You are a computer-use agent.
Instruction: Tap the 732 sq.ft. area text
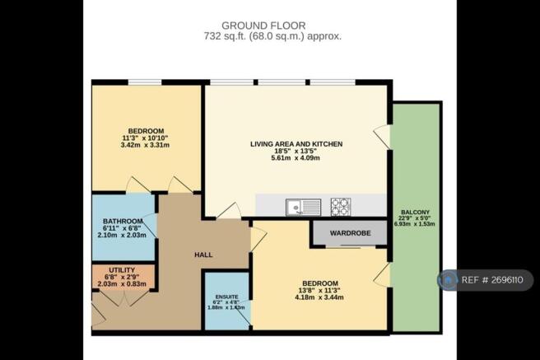272,36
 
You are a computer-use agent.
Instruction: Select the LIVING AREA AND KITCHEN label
296,144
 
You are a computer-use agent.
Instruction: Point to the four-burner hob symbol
340,206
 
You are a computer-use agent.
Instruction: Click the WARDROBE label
349,233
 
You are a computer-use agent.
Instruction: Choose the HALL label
203,255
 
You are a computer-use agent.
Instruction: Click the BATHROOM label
123,222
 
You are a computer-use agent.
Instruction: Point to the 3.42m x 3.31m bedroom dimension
146,146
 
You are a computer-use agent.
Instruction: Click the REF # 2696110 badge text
495,281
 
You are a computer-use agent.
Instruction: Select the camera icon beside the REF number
449,281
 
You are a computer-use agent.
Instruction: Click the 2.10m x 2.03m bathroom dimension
123,236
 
